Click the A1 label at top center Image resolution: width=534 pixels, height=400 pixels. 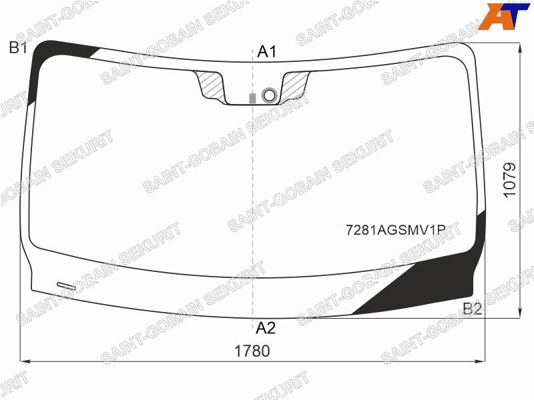click(267, 52)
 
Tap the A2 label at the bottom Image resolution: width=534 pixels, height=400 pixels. click(266, 328)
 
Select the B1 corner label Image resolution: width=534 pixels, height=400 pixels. click(18, 47)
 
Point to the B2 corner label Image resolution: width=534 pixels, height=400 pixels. click(473, 309)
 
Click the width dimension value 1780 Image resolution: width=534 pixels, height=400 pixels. click(252, 351)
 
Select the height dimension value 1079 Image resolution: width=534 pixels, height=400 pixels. click(510, 180)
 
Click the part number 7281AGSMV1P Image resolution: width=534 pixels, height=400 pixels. click(396, 230)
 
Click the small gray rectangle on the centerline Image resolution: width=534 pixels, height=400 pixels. click(252, 98)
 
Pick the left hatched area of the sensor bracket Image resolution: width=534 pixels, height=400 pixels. click(212, 85)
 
